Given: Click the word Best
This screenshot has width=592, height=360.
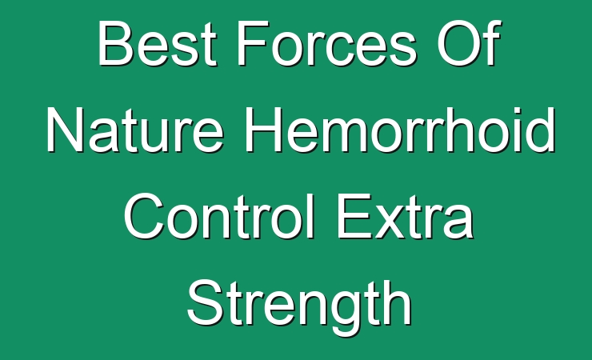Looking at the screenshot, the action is coord(157,43).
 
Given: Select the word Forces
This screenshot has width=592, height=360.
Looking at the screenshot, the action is coord(326,43).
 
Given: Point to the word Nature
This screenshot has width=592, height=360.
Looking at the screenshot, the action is coord(135,130).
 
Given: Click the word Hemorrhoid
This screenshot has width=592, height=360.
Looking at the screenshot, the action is coord(400,130).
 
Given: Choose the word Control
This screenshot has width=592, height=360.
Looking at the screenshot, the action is coord(219,216).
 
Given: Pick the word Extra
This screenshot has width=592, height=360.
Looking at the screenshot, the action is coord(405,216).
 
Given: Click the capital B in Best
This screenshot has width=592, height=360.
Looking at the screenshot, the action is coord(114,43).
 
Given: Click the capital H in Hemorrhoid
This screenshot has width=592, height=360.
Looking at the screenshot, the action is coord(264,130).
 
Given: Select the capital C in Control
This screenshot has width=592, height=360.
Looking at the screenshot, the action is coord(144,216).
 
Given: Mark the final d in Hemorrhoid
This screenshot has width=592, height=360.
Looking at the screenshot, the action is coord(539,130).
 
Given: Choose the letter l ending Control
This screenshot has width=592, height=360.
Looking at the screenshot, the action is coord(310,216).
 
